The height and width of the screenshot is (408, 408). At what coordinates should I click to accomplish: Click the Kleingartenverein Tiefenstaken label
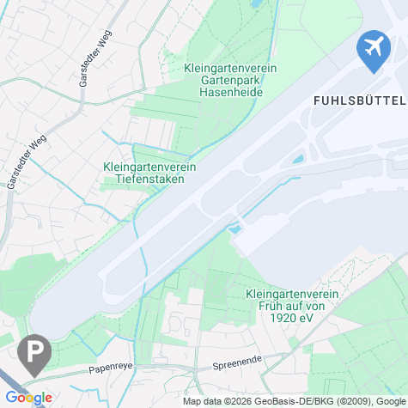[150, 174]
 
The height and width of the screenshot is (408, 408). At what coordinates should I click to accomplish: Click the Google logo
[27, 398]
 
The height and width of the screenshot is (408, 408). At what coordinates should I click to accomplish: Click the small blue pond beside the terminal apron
[298, 160]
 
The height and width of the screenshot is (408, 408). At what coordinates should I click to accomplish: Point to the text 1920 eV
[292, 316]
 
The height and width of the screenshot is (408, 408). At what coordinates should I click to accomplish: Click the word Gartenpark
[223, 79]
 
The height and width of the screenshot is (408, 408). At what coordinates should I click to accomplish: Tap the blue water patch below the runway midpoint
[233, 228]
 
